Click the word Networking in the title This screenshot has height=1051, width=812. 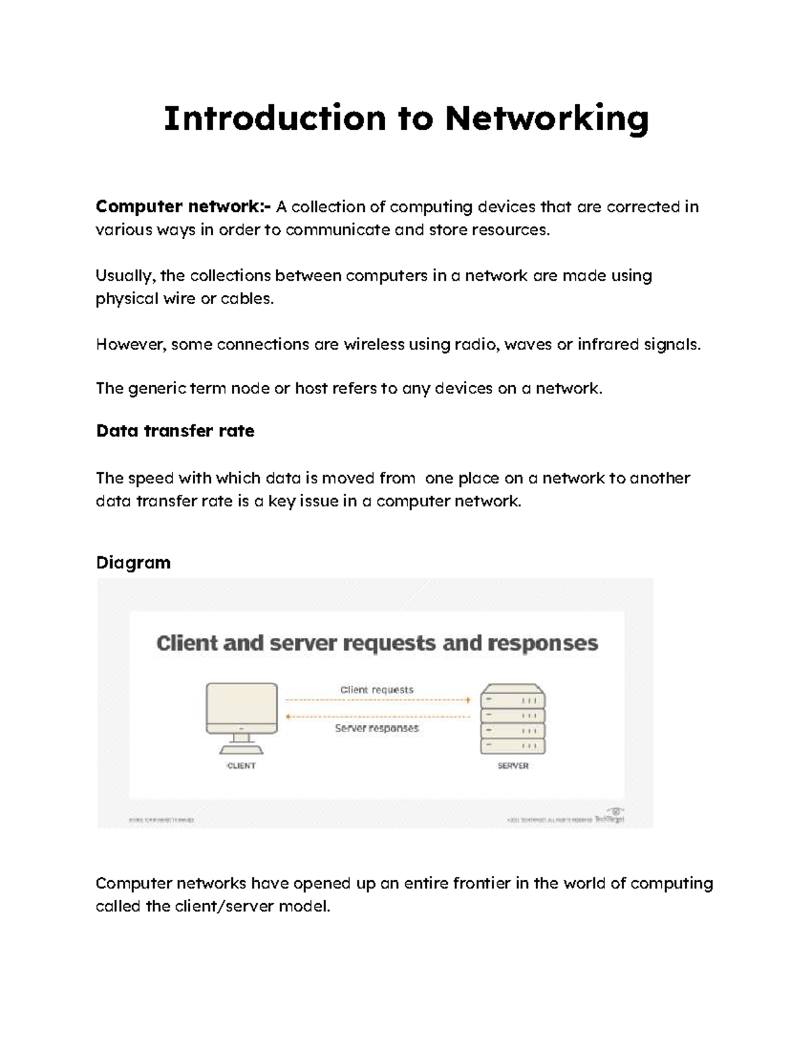pos(547,119)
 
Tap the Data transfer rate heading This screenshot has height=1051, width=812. pos(175,431)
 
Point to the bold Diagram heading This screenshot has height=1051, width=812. pos(133,563)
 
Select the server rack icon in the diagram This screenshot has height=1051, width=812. pos(512,719)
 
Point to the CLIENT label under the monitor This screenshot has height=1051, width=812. pos(241,766)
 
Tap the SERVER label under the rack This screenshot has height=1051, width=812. pos(513,766)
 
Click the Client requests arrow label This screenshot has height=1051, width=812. pos(376,690)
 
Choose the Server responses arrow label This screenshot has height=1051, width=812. pos(377,728)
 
